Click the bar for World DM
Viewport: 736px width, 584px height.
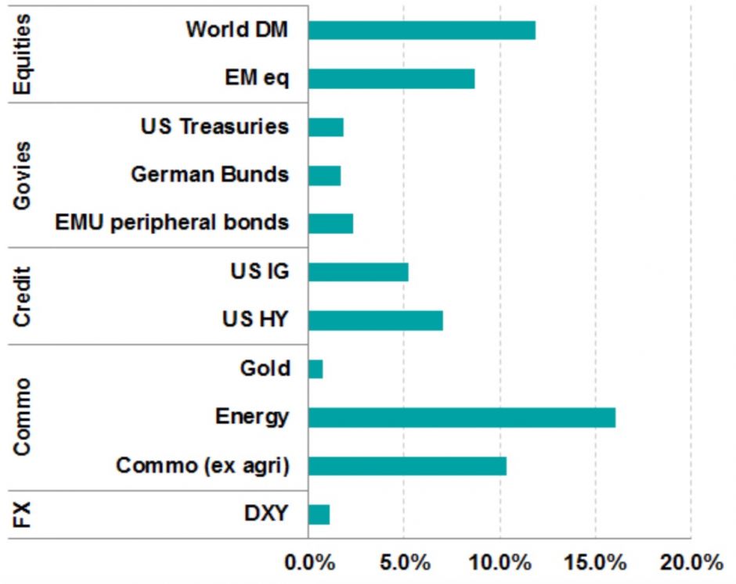pyautogui.click(x=421, y=30)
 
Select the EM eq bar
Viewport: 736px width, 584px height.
pyautogui.click(x=391, y=78)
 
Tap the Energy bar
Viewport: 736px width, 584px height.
pyautogui.click(x=461, y=417)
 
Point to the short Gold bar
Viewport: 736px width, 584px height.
pyautogui.click(x=316, y=369)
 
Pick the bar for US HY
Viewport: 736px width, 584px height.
pyautogui.click(x=375, y=321)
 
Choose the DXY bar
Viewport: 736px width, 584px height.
pyautogui.click(x=319, y=514)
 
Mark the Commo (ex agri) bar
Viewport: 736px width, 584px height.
pyautogui.click(x=407, y=466)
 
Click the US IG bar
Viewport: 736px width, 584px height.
pyautogui.click(x=358, y=272)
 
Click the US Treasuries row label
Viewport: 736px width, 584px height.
pyautogui.click(x=215, y=126)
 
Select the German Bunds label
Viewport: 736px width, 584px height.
pyautogui.click(x=209, y=174)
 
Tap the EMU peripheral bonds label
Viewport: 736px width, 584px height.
pyautogui.click(x=171, y=223)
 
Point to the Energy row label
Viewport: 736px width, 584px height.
pyautogui.click(x=251, y=417)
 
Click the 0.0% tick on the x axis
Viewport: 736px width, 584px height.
pyautogui.click(x=308, y=563)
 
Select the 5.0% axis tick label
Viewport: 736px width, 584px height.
pyautogui.click(x=404, y=563)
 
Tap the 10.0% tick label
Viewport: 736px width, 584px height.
pyautogui.click(x=500, y=563)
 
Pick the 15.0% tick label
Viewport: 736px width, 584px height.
pyautogui.click(x=595, y=563)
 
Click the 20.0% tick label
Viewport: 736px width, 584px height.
pyautogui.click(x=691, y=563)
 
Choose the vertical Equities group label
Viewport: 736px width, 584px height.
pyautogui.click(x=23, y=55)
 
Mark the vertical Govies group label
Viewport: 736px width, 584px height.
pyautogui.click(x=23, y=174)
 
